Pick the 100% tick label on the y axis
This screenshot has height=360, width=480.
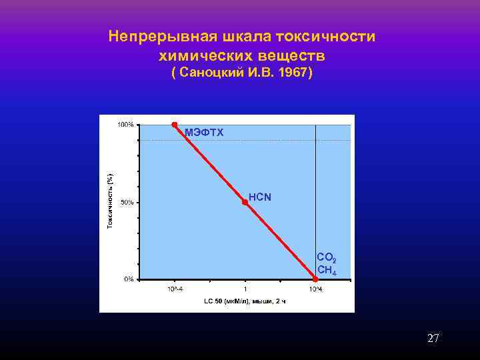point(125,125)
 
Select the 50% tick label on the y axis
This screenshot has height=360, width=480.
point(127,202)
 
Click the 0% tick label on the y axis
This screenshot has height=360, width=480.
point(128,279)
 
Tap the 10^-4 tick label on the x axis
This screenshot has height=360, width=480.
point(175,289)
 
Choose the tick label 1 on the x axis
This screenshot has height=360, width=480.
point(245,289)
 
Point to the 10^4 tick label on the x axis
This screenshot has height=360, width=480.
point(315,289)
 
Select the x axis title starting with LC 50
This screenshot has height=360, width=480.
point(245,301)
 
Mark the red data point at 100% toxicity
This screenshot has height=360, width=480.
point(175,125)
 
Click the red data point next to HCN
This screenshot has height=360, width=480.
point(245,201)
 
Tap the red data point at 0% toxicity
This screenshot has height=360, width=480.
point(316,279)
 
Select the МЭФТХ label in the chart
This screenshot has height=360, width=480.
point(204,133)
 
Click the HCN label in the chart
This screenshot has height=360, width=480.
point(260,197)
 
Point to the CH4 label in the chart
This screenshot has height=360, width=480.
point(327,270)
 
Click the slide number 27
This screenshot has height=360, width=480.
point(433,339)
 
